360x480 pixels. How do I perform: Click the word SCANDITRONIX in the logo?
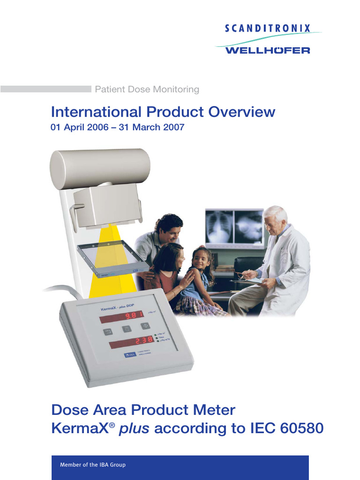[x=268, y=29]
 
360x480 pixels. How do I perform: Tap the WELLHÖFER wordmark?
[x=268, y=50]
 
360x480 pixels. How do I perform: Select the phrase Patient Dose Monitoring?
[x=147, y=89]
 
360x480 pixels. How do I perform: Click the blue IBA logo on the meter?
[x=129, y=355]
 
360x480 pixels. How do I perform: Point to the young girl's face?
[x=201, y=259]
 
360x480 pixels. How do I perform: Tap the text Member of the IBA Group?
[x=93, y=465]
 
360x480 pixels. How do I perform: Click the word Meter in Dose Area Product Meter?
[x=214, y=410]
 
